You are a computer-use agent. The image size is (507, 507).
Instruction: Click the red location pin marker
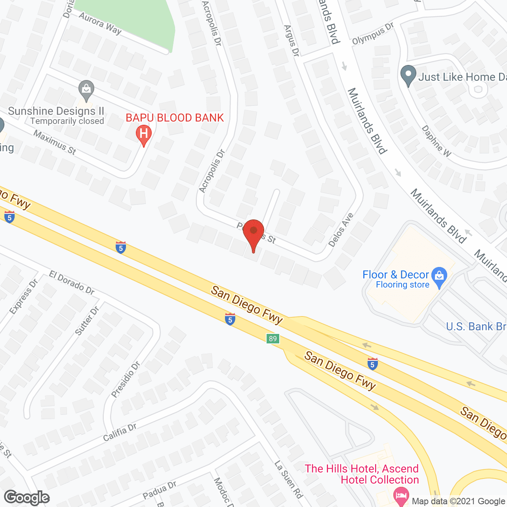click(253, 231)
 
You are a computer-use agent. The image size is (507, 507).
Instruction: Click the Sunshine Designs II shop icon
click(86, 89)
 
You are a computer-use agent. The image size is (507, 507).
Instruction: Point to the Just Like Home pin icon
click(408, 74)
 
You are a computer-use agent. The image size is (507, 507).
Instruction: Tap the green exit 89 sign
click(273, 339)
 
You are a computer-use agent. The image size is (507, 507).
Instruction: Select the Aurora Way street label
click(100, 23)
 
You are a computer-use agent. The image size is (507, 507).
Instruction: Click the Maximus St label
click(55, 142)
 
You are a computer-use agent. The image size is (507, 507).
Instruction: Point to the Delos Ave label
click(341, 230)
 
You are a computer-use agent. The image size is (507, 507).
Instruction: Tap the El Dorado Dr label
click(72, 283)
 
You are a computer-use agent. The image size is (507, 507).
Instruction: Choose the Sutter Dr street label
click(87, 321)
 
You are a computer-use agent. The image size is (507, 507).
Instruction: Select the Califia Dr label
click(120, 432)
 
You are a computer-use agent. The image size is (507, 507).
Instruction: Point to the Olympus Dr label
click(373, 34)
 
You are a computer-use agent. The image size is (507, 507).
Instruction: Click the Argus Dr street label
click(291, 40)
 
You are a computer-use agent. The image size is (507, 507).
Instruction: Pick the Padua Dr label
click(160, 490)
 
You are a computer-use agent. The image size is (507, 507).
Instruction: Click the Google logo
click(27, 497)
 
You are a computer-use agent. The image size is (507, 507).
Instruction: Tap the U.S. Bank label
click(476, 326)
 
